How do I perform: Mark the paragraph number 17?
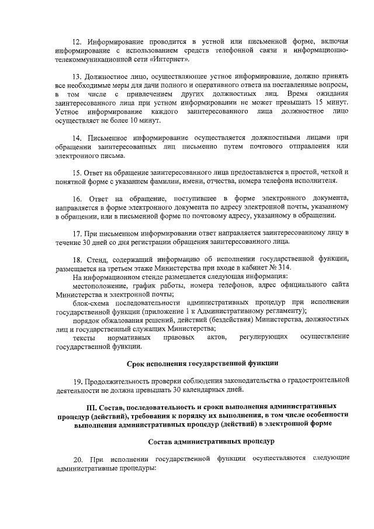pos(77,233)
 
